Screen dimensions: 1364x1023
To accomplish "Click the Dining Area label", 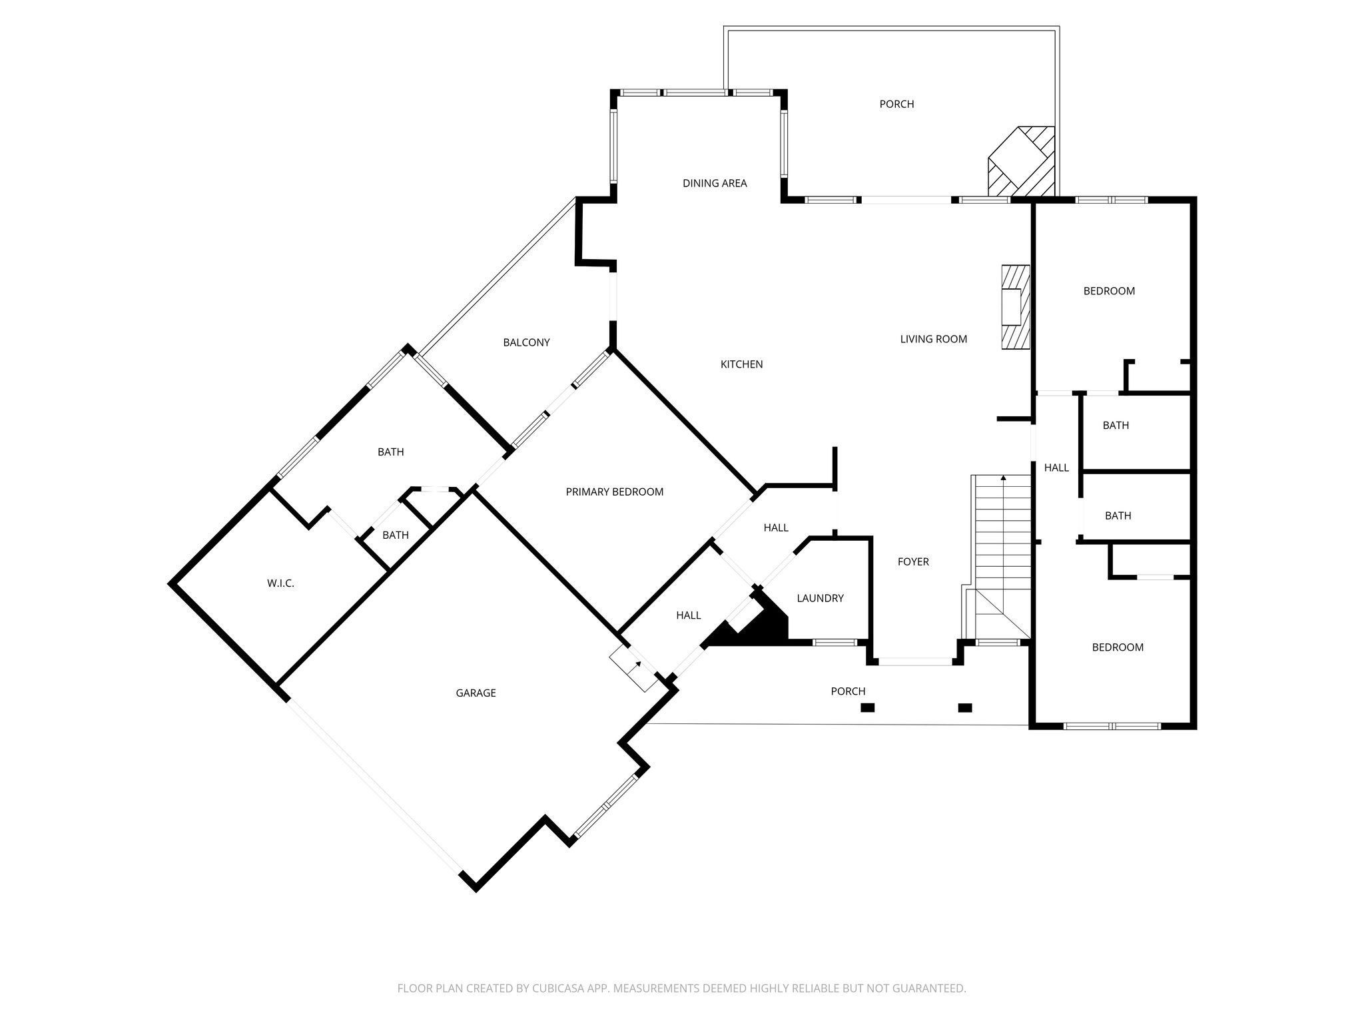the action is pyautogui.click(x=715, y=183).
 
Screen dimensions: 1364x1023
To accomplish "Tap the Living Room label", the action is pyautogui.click(x=933, y=339).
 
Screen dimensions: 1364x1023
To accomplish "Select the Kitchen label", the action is pyautogui.click(x=741, y=364).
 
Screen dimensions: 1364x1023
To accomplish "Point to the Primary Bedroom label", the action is pyautogui.click(x=614, y=492).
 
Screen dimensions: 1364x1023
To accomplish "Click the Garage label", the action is pyautogui.click(x=476, y=693).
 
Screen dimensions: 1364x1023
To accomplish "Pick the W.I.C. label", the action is pyautogui.click(x=280, y=583).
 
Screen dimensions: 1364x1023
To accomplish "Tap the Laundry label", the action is pyautogui.click(x=820, y=599).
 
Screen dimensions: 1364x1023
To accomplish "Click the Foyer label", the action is pyautogui.click(x=913, y=562).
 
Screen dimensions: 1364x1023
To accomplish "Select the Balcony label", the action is pyautogui.click(x=526, y=343).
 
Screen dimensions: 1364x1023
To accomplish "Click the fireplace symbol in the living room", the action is pyautogui.click(x=1016, y=307).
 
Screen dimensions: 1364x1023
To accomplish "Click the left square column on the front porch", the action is pyautogui.click(x=867, y=708).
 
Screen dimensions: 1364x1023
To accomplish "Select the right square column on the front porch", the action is pyautogui.click(x=964, y=708).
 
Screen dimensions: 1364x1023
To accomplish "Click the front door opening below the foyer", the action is pyautogui.click(x=916, y=662).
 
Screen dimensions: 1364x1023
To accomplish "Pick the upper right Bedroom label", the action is pyautogui.click(x=1109, y=291).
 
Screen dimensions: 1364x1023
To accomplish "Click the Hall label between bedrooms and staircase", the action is pyautogui.click(x=1056, y=468).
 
